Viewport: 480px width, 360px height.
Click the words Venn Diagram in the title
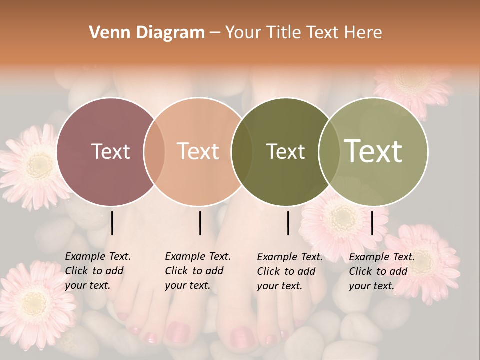coord(147,33)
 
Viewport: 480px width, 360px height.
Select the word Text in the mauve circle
coord(110,151)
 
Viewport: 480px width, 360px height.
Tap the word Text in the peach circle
coord(198,151)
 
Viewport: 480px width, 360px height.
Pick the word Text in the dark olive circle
coord(285,151)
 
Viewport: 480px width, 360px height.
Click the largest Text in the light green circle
coord(373,151)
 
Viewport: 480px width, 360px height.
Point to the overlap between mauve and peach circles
coord(154,152)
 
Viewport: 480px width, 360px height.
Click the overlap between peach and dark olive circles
coord(242,152)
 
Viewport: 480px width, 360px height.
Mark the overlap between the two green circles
coord(329,152)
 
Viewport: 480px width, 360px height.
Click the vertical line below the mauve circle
coord(112,223)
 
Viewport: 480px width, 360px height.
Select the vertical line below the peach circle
coord(200,223)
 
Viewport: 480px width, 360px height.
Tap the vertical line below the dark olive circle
coord(288,223)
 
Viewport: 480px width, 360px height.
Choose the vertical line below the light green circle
coord(372,223)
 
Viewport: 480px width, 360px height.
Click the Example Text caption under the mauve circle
coord(98,271)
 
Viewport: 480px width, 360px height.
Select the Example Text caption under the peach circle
coord(198,271)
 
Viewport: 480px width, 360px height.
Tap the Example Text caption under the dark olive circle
coord(290,271)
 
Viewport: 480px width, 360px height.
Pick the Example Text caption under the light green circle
coord(382,271)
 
